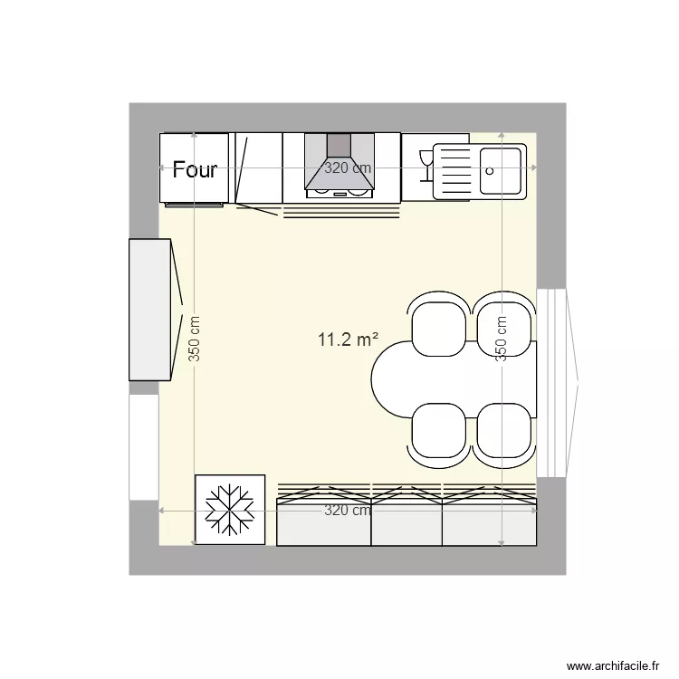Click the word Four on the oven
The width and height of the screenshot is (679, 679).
pos(195,169)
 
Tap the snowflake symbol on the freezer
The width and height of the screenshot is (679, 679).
pos(230,510)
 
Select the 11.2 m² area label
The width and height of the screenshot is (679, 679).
pos(348,340)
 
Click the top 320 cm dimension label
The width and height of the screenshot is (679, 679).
pos(349,167)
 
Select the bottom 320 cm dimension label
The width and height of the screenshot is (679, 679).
pos(349,511)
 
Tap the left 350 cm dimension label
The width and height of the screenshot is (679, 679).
pos(195,339)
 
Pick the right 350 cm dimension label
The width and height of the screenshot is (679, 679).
pos(502,339)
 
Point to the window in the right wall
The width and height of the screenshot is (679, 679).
pos(552,382)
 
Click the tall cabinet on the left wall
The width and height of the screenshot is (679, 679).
pos(151,310)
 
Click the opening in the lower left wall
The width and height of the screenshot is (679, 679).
pos(143,447)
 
